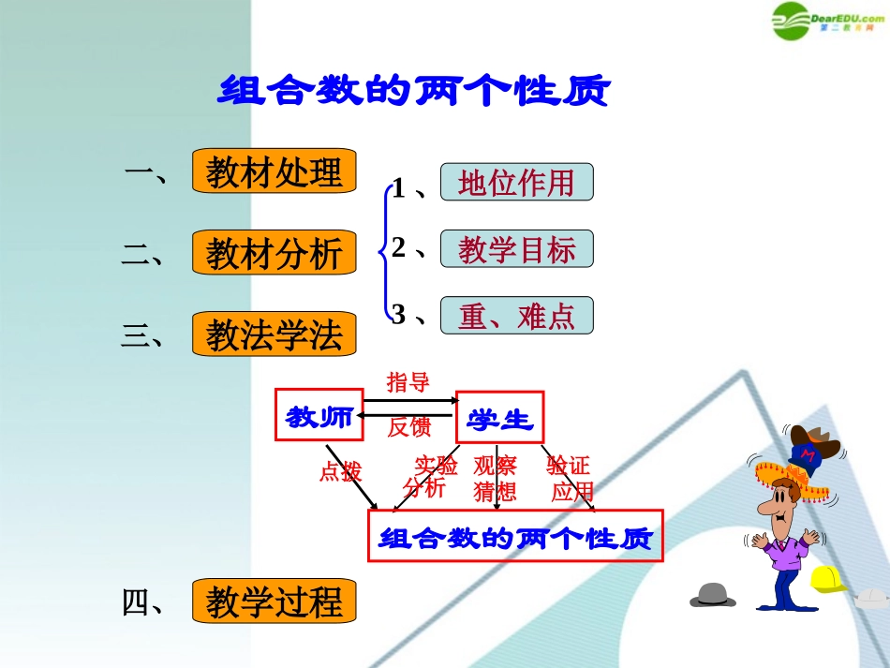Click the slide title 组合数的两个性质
(x=414, y=92)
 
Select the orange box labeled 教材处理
(x=274, y=171)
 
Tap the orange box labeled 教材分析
(x=274, y=253)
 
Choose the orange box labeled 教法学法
(x=274, y=334)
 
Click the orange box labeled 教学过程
(x=274, y=601)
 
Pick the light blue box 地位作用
(x=516, y=182)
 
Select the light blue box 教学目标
(x=516, y=249)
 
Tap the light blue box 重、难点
(x=516, y=316)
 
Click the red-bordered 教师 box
(x=319, y=415)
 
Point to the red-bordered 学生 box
(x=499, y=418)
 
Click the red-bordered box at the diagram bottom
(x=515, y=537)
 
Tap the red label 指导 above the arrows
(x=408, y=381)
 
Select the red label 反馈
(x=408, y=428)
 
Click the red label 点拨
(x=339, y=471)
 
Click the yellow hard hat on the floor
(x=827, y=579)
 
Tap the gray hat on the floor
(x=713, y=594)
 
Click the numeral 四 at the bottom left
(x=137, y=602)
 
